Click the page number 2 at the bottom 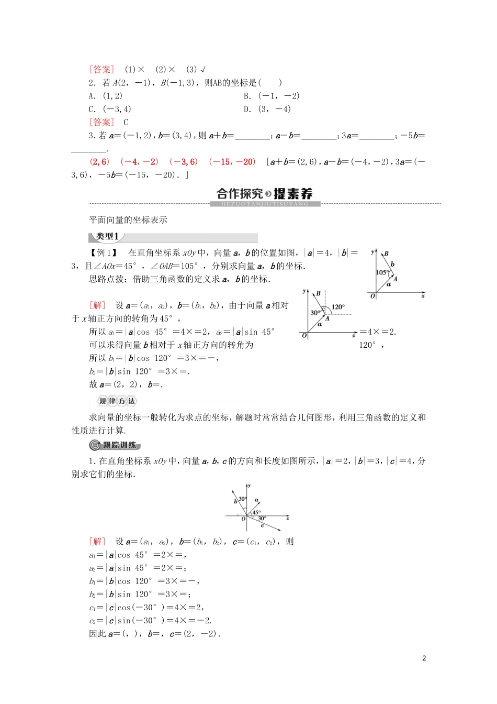424,658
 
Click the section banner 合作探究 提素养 265,194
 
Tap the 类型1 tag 108,236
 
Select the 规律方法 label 117,401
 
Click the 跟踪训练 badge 115,445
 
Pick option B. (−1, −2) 272,96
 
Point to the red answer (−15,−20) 232,162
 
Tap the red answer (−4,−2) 139,162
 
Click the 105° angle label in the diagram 382,272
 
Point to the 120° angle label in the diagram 338,307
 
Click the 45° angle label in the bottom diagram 256,512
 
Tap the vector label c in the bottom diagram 262,525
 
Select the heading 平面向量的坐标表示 128,220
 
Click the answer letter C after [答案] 126,123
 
